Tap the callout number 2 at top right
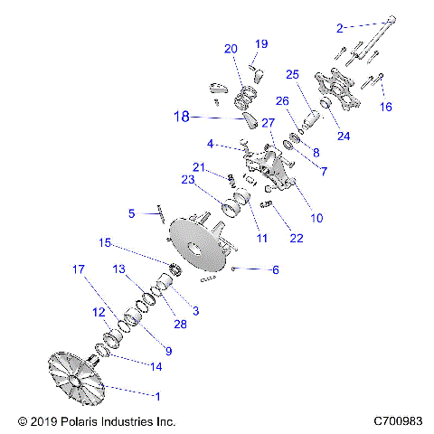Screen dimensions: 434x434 340,28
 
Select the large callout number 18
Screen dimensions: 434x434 183,116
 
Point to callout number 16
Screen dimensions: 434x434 386,107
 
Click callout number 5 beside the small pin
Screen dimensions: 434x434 131,213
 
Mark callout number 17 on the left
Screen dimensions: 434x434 79,269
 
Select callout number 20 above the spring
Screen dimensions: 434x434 231,49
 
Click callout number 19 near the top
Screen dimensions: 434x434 261,44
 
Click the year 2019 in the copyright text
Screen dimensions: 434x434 45,421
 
